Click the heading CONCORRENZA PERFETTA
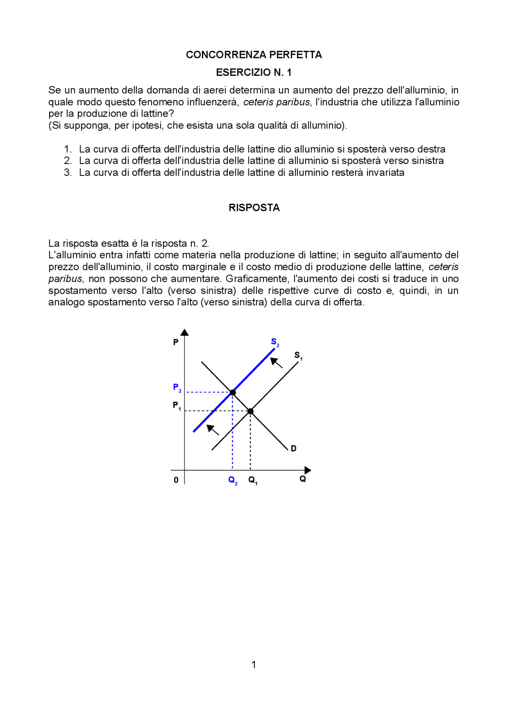coord(254,55)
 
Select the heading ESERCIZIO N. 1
coord(254,72)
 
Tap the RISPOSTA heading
coord(254,208)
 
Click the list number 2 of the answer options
coord(67,161)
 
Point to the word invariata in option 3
coord(385,173)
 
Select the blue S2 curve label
coord(275,342)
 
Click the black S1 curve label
coord(298,356)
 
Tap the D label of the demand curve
coord(294,449)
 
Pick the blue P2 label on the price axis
coord(177,387)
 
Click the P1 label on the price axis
coord(177,406)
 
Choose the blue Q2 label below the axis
coord(233,480)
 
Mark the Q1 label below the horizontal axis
coord(253,480)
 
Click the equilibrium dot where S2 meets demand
coord(233,392)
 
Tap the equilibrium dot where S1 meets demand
coord(250,411)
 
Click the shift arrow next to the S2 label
coord(276,362)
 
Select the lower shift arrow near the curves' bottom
coord(213,430)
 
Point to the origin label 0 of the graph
coord(176,480)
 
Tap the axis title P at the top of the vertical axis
coord(176,342)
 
